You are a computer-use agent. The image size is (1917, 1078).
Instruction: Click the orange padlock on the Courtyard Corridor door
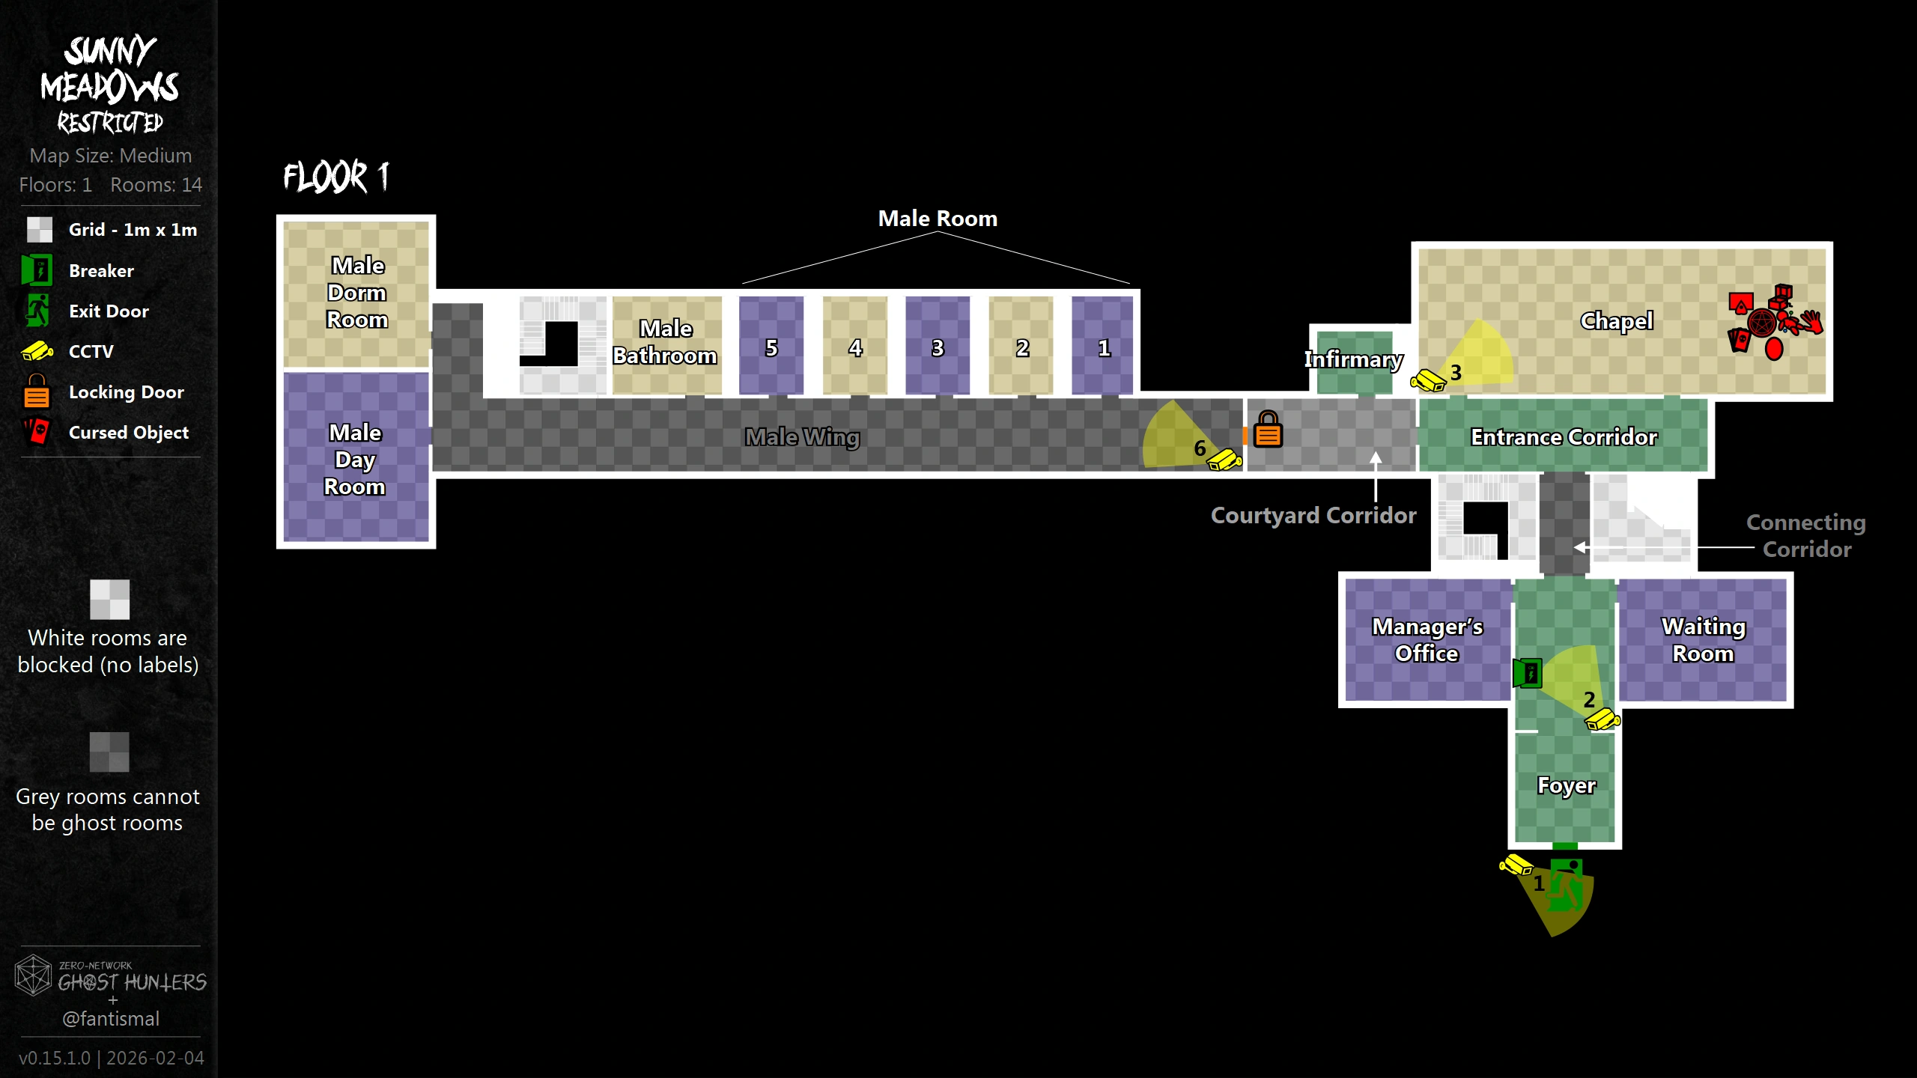coord(1268,429)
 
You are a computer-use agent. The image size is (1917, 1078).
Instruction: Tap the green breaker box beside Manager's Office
coord(1527,673)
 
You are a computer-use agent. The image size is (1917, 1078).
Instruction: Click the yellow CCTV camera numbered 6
coord(1225,459)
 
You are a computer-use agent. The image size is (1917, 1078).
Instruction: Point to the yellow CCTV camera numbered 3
coord(1428,380)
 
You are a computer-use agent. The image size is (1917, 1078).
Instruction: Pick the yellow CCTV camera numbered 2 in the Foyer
coord(1602,720)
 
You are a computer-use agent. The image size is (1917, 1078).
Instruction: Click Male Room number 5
coord(771,348)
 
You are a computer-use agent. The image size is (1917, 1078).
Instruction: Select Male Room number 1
coord(1104,348)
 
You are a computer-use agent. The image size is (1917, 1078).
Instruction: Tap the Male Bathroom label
coord(665,342)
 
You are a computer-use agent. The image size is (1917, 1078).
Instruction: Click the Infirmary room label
coord(1353,359)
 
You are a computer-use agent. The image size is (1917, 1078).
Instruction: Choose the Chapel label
coord(1616,321)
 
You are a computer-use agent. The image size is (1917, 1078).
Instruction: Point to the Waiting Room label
coord(1704,640)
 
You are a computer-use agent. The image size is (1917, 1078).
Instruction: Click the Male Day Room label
coord(355,460)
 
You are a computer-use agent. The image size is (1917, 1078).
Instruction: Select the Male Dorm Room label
coord(357,293)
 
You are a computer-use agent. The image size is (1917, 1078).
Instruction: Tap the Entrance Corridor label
coord(1564,437)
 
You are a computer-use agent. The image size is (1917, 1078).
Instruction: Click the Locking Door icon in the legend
coord(37,391)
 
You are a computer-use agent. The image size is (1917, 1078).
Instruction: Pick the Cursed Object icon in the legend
coord(37,432)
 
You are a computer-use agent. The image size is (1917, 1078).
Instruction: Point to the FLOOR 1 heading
coord(336,177)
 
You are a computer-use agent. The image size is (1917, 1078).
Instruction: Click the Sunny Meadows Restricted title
coord(110,85)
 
